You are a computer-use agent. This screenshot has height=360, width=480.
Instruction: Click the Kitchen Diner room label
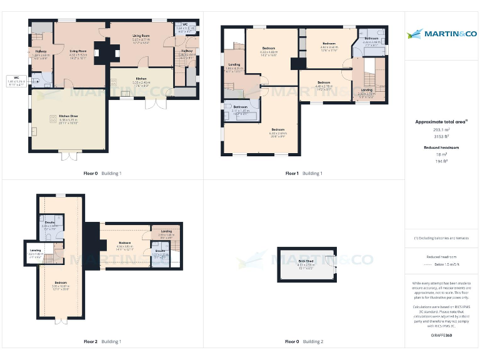pyautogui.click(x=68, y=119)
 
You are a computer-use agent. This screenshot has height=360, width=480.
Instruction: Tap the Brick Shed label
pyautogui.click(x=306, y=263)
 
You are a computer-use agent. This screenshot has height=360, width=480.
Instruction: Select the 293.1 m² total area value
pyautogui.click(x=441, y=130)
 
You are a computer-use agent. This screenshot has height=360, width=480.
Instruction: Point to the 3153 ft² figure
pyautogui.click(x=441, y=136)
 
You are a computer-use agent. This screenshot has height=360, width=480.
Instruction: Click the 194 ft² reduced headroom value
pyautogui.click(x=441, y=161)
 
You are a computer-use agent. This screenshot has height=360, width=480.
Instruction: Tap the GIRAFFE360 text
pyautogui.click(x=441, y=336)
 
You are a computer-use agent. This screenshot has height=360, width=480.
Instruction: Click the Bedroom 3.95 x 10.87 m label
pyautogui.click(x=61, y=285)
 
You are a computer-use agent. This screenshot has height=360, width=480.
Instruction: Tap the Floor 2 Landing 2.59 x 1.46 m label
pyautogui.click(x=166, y=233)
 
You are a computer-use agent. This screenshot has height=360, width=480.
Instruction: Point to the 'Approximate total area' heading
pyautogui.click(x=441, y=122)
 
